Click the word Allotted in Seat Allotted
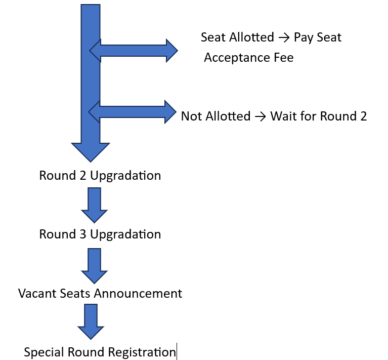[251, 37]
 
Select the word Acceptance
[237, 58]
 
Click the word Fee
[284, 57]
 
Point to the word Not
[191, 116]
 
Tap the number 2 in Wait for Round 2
[363, 116]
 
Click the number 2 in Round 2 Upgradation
[83, 176]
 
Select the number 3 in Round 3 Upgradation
[83, 234]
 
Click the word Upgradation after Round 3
[125, 235]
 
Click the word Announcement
[138, 293]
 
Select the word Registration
[142, 352]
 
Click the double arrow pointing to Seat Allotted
[134, 51]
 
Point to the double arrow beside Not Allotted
[133, 112]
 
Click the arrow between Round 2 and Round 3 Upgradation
[94, 205]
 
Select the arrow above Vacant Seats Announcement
[94, 266]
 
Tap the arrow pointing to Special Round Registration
[91, 322]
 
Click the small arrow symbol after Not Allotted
[261, 116]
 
